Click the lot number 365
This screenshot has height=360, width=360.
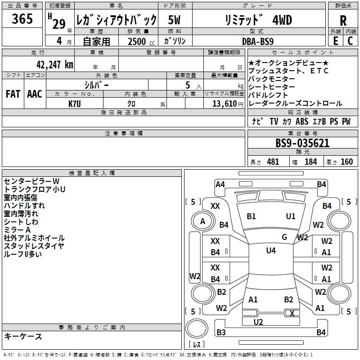click(x=22, y=18)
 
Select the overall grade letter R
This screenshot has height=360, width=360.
click(x=343, y=21)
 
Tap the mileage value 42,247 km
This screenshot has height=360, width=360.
click(x=54, y=65)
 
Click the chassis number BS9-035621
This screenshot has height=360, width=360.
click(x=302, y=143)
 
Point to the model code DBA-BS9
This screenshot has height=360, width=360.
click(x=258, y=41)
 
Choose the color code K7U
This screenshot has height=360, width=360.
click(x=75, y=104)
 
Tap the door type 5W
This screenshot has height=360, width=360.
click(x=174, y=20)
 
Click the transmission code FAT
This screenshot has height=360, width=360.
click(x=13, y=94)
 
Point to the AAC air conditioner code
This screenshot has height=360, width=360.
click(x=35, y=94)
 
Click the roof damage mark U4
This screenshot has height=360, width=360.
click(x=271, y=251)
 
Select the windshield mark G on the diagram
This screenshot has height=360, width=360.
click(x=284, y=237)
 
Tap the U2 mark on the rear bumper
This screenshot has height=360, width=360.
click(x=258, y=322)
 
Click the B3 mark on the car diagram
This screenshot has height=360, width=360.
click(x=221, y=332)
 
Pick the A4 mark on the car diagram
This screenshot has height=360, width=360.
click(x=220, y=184)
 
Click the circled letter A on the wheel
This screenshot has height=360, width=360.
click(x=202, y=221)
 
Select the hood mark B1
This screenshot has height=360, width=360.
click(x=251, y=216)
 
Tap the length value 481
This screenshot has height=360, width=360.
click(x=273, y=162)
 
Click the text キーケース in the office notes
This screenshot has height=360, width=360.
click(x=23, y=336)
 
